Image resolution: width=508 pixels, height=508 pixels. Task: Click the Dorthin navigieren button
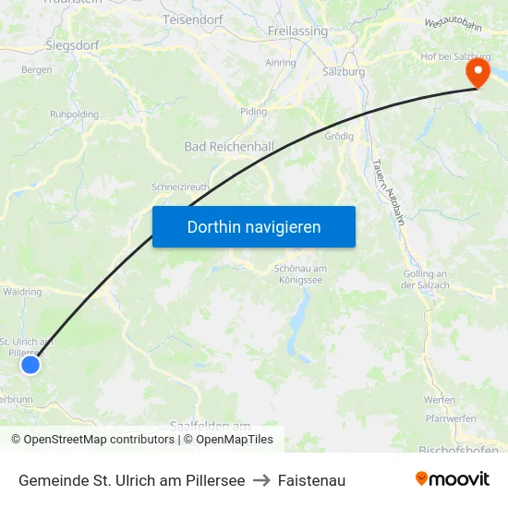[x=254, y=226]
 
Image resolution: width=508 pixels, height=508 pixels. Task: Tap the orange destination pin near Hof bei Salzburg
[x=478, y=72]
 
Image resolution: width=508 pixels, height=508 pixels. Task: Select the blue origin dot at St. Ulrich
[x=30, y=365]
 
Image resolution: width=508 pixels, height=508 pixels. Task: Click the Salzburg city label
[x=344, y=71]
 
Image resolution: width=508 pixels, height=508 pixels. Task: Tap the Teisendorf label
[x=193, y=18]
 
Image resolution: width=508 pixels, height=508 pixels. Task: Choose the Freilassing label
[x=297, y=30]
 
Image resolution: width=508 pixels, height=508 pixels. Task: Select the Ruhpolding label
[x=74, y=115]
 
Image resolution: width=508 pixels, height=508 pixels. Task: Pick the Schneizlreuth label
[x=180, y=187]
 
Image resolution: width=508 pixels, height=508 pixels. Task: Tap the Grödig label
[x=340, y=135]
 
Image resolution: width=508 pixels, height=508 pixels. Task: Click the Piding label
[x=253, y=112]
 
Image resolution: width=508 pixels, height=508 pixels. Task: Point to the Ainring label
[x=281, y=63]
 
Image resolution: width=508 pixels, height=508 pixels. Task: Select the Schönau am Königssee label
[x=300, y=274]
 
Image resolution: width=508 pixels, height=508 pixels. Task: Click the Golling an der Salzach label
[x=425, y=280]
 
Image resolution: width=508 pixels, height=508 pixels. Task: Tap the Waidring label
[x=22, y=292]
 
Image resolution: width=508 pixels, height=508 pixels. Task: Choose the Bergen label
[x=36, y=70]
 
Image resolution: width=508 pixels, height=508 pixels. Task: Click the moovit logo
[x=452, y=479]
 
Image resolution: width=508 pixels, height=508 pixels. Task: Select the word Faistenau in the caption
[x=311, y=480]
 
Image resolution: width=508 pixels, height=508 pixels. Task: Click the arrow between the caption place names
[x=261, y=480]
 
